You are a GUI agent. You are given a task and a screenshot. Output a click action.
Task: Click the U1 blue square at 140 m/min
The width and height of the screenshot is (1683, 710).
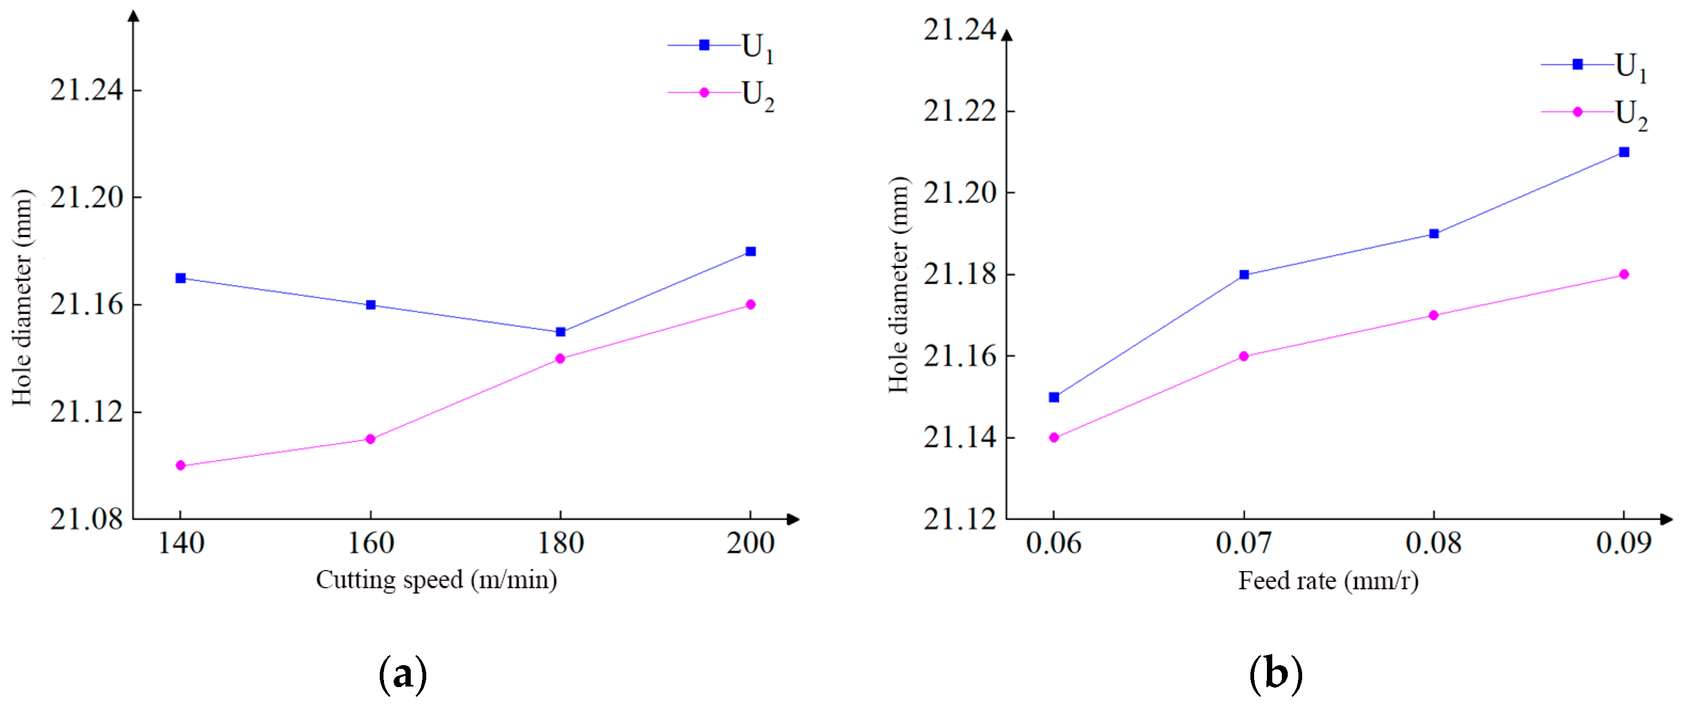point(181,278)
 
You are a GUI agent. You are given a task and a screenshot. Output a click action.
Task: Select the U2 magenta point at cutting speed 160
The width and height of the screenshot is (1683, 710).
point(371,439)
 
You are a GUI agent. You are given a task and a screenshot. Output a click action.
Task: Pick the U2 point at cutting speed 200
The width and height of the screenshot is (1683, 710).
point(750,304)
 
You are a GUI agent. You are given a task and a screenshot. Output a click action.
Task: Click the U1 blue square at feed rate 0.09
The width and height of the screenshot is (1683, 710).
point(1624,152)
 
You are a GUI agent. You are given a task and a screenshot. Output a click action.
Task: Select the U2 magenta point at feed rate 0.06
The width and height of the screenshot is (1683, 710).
point(1054,438)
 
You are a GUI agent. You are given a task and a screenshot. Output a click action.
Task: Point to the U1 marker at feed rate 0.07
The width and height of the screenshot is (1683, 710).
point(1244,275)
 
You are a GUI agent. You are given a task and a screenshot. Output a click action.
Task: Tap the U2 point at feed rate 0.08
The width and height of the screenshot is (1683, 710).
point(1434,315)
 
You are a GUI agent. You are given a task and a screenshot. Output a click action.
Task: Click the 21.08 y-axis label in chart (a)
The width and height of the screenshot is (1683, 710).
point(86,519)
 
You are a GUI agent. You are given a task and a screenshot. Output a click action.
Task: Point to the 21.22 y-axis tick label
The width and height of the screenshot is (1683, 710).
point(960,111)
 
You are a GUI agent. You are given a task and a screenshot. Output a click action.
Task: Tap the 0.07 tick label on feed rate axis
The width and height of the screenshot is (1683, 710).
point(1243,543)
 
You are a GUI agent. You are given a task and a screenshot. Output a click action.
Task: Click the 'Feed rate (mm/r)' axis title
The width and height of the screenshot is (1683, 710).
point(1328,581)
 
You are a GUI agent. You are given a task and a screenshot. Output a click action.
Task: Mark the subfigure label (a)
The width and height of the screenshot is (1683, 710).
point(403,675)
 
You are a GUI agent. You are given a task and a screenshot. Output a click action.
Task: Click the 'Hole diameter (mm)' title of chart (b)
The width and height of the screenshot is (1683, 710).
point(899,285)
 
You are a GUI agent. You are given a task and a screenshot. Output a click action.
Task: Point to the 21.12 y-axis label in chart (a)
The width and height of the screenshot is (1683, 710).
point(86,412)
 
